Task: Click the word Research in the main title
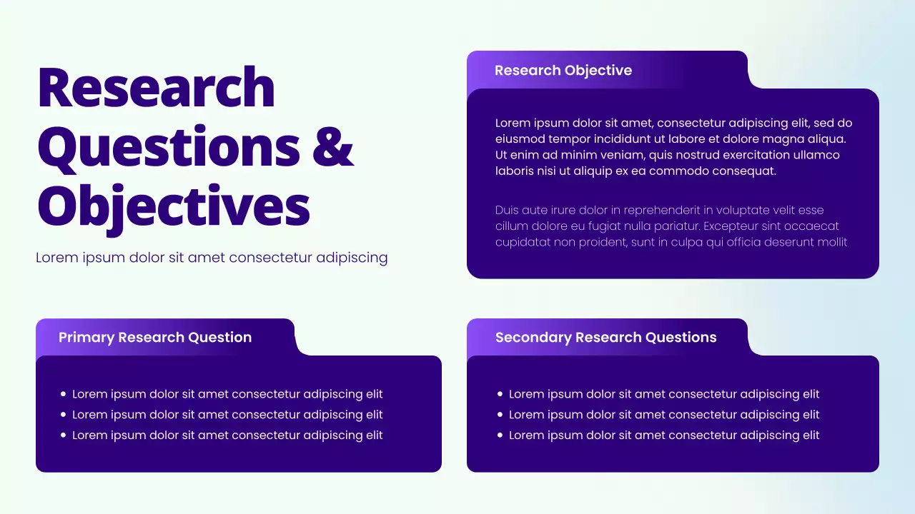(x=156, y=87)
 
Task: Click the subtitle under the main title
(x=212, y=258)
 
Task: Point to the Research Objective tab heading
(x=563, y=71)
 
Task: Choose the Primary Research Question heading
(x=155, y=338)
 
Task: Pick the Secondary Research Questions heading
(x=605, y=338)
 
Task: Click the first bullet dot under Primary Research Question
(x=64, y=394)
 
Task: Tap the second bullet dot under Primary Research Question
(x=64, y=415)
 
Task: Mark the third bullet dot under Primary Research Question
(x=64, y=435)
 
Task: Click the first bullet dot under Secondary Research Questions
(x=500, y=394)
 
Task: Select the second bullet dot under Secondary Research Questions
(x=500, y=415)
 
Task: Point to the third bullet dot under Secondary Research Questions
(x=500, y=435)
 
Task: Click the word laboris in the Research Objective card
(x=513, y=171)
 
